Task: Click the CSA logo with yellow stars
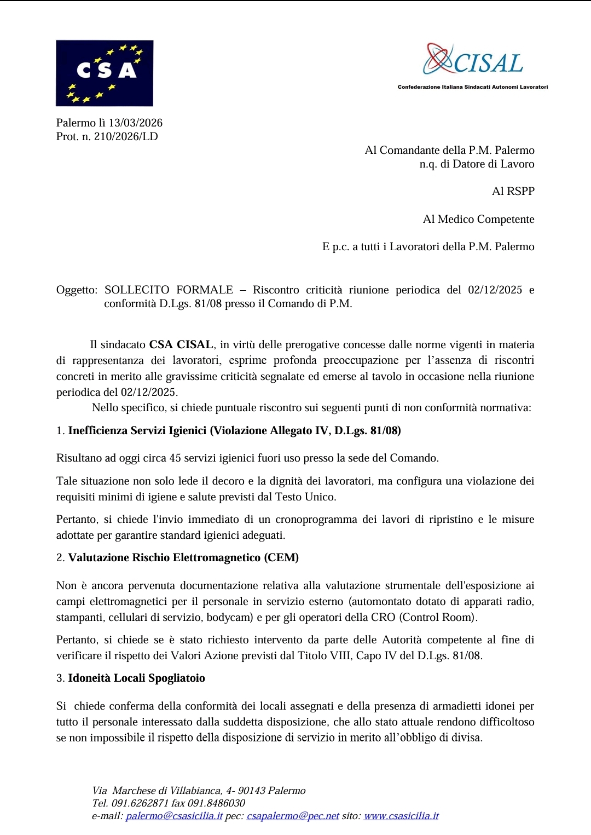(x=105, y=73)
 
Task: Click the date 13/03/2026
(x=135, y=123)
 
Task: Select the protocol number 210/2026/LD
(x=126, y=136)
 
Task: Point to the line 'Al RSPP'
(x=513, y=191)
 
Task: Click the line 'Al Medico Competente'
(x=478, y=219)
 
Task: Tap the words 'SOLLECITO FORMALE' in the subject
(x=169, y=290)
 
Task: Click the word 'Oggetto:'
(x=77, y=290)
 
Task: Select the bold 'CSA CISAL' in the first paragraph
(x=181, y=344)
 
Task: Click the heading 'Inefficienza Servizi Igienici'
(x=137, y=430)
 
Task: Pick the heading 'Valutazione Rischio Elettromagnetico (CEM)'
(x=183, y=557)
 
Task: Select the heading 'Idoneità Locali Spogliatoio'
(x=136, y=678)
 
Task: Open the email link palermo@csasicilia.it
(x=174, y=816)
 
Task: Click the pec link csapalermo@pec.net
(x=293, y=816)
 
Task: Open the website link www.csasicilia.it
(x=401, y=816)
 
